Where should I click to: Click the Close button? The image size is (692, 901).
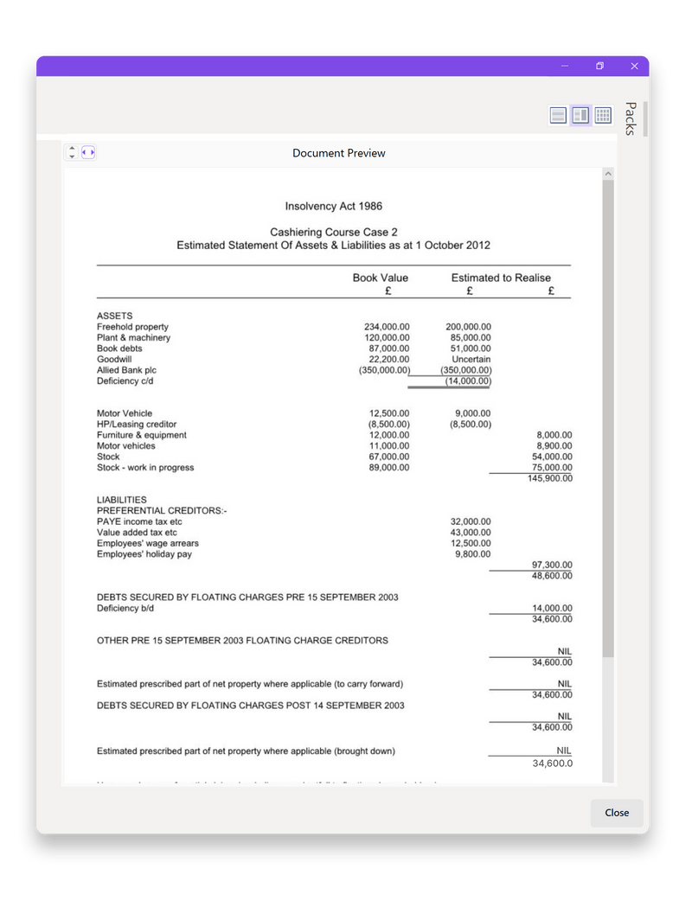coord(617,813)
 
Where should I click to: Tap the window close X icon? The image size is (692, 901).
coord(634,66)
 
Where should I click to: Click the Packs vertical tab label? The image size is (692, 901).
coord(631,118)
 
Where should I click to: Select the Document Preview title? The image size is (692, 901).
coord(339,153)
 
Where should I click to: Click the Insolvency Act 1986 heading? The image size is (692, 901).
coord(333,206)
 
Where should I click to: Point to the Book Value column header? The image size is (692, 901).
coord(381,278)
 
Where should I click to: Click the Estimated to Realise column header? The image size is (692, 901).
coord(501,278)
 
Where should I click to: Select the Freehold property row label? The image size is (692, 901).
coord(132,327)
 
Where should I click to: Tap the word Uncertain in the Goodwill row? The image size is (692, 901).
coord(471,359)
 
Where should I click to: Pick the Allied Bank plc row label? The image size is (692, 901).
coord(126,370)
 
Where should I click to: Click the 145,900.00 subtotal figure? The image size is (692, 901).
coord(550,478)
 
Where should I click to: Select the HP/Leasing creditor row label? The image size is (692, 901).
coord(137,425)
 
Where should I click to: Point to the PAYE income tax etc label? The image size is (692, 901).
coord(139,521)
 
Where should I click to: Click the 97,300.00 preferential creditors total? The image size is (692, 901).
coord(552,565)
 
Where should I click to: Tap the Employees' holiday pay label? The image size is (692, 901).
coord(144,554)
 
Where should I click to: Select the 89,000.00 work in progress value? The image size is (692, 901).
coord(389,468)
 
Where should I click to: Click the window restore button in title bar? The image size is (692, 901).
coord(599,66)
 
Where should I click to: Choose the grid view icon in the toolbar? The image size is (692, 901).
coord(603,115)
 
